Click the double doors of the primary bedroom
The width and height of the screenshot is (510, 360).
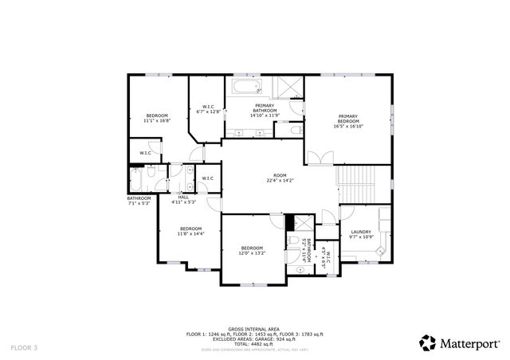click(x=316, y=158)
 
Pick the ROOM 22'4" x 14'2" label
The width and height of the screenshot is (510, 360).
click(x=280, y=178)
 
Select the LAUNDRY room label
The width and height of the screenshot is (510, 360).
click(x=361, y=233)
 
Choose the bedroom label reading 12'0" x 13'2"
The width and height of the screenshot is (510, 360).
click(x=252, y=251)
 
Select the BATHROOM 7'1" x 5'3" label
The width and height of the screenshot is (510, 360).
click(x=139, y=201)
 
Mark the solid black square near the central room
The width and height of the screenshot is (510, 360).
click(x=290, y=222)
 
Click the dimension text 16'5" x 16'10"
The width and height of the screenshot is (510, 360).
click(x=349, y=126)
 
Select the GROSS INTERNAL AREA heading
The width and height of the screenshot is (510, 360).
click(x=253, y=328)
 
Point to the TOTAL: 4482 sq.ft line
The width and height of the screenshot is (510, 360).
click(x=253, y=343)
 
